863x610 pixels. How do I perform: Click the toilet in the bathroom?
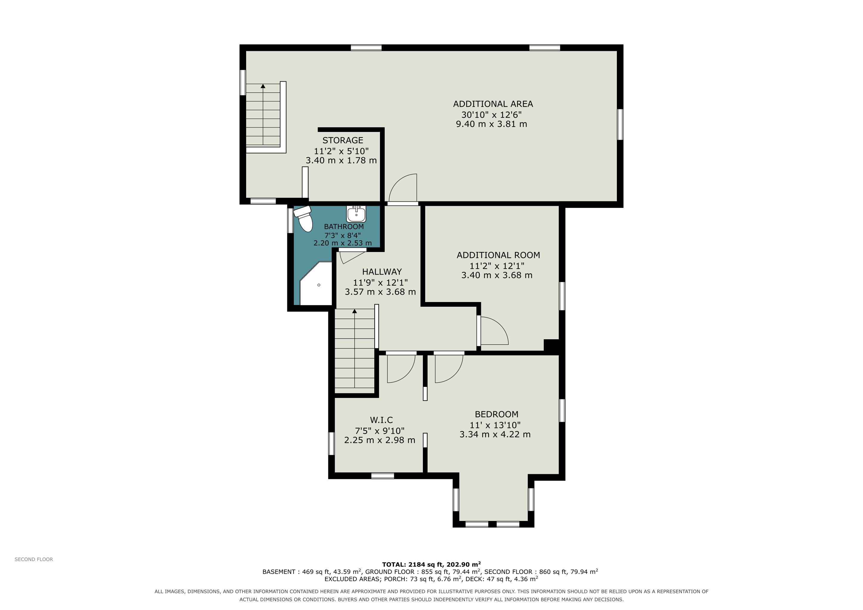304,219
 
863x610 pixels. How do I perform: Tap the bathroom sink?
356,214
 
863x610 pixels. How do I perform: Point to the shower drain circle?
319,285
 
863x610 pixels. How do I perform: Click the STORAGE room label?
343,141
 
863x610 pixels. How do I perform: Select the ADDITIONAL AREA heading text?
493,104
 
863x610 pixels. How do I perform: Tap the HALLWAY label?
382,272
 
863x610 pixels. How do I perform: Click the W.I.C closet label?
381,420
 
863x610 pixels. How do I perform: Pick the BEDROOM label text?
496,414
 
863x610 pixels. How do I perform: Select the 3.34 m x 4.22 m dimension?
495,435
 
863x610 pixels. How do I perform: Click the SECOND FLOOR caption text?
34,559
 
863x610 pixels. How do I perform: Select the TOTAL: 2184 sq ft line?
431,564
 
